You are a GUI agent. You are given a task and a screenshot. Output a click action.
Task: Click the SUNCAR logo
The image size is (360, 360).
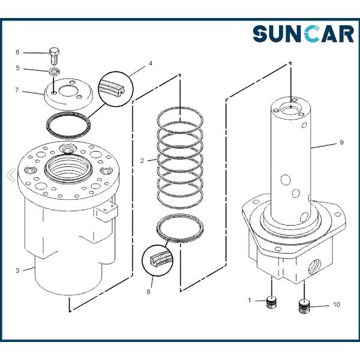(x=303, y=34)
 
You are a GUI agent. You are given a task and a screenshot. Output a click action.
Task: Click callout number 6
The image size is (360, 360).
(x=17, y=52)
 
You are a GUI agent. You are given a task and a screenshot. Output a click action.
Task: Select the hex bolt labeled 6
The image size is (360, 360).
(x=55, y=56)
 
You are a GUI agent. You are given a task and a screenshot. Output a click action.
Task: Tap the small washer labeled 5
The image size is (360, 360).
(x=54, y=72)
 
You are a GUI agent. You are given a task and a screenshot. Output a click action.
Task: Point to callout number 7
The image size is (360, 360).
(x=17, y=90)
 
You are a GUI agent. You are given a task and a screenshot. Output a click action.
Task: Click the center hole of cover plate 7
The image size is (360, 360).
(x=68, y=91)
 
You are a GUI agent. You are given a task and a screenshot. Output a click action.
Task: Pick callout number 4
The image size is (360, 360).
(x=151, y=64)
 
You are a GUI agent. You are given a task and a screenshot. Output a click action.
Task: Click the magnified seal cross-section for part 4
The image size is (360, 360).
(x=116, y=89)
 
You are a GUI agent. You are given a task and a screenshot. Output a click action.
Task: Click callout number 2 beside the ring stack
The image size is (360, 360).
(x=142, y=161)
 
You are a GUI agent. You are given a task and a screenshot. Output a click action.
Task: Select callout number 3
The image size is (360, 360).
(x=17, y=271)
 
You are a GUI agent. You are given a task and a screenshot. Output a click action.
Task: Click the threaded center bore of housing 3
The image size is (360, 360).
(x=68, y=167)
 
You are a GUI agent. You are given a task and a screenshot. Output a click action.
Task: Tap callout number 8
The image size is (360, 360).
(x=148, y=292)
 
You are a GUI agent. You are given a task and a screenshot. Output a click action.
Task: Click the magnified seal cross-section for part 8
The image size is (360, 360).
(x=157, y=260)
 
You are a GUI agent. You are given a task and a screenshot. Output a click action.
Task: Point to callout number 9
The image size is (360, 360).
(x=341, y=142)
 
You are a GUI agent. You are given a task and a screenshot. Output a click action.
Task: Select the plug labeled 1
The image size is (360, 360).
(x=272, y=302)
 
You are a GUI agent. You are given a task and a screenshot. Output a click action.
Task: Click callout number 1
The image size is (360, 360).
(x=250, y=300)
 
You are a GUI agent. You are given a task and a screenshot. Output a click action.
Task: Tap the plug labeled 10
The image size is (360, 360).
(x=304, y=307)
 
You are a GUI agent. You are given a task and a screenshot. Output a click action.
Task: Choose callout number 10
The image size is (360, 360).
(x=337, y=304)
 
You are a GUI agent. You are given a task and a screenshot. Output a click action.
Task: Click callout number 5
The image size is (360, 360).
(x=17, y=68)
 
